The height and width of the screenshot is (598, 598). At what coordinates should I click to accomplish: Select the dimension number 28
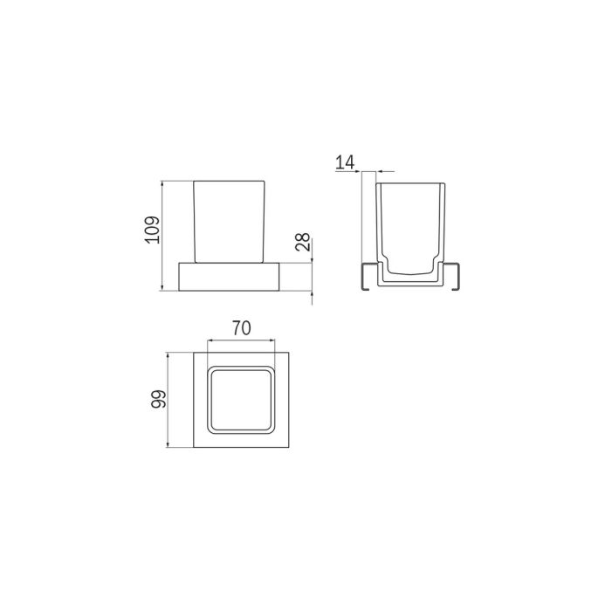(302, 242)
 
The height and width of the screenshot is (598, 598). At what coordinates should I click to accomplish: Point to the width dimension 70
(241, 328)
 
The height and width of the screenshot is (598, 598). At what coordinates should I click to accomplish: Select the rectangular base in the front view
(228, 275)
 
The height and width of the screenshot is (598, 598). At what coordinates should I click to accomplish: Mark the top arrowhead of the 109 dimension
(163, 184)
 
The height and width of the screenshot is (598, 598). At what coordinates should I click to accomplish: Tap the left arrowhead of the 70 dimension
(208, 340)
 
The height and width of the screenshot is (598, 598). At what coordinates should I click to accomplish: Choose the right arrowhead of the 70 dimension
(274, 340)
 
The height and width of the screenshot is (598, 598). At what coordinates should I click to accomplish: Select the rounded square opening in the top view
(241, 401)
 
